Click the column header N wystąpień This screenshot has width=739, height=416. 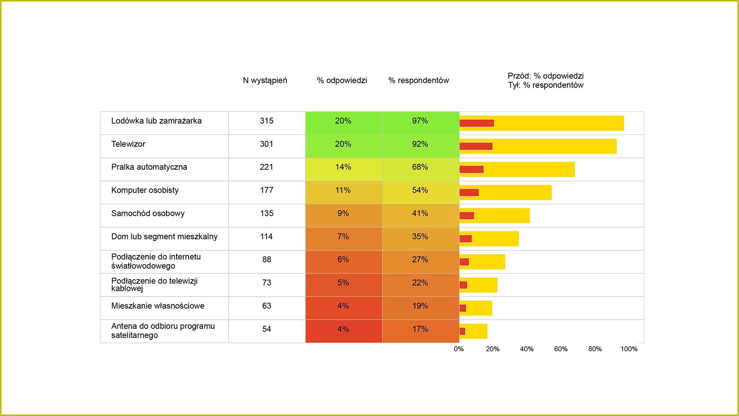[265, 81]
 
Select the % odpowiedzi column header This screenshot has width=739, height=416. [342, 81]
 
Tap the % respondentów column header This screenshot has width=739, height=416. [419, 81]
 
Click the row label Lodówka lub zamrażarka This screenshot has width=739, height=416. [156, 121]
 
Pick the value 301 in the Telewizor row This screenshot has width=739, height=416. [266, 144]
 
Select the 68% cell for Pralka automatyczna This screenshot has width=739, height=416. [420, 167]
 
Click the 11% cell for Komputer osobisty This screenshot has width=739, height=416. [343, 190]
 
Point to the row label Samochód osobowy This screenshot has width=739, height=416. [148, 213]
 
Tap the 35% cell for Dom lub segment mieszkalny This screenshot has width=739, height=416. [420, 237]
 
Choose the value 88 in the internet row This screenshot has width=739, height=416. [267, 260]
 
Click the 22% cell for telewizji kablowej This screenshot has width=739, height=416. [420, 283]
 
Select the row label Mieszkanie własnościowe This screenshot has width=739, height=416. [158, 306]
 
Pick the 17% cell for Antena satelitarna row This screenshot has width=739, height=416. [420, 329]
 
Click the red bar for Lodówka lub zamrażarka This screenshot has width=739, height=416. [477, 123]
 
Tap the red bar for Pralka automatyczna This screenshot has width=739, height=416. [471, 169]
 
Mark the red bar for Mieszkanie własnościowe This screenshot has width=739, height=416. [463, 308]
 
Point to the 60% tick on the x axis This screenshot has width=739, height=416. [561, 349]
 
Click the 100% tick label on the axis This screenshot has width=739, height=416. [629, 349]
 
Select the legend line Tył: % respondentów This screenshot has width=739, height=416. [545, 85]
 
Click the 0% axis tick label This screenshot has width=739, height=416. [459, 349]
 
